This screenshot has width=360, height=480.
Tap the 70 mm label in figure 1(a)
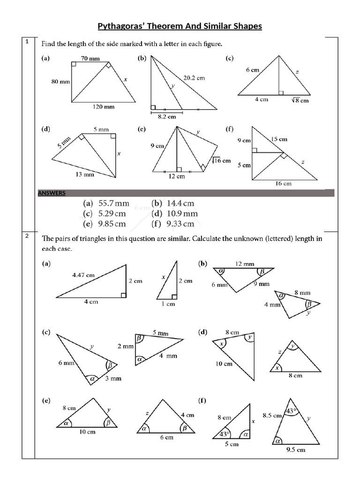coord(90,59)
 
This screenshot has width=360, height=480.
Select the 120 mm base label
coord(104,107)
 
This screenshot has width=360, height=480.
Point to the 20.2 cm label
coord(194,78)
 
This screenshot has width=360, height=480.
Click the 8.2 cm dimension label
coord(166,116)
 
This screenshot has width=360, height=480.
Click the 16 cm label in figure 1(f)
coord(283,184)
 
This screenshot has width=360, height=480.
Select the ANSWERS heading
coord(52,193)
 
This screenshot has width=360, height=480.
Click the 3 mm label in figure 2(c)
coord(112,378)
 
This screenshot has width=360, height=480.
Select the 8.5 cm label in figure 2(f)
coord(272,415)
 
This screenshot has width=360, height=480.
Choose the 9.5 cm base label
coord(295,450)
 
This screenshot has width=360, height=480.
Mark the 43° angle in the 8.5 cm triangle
coord(292,411)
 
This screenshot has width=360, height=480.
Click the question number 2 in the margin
coord(27,236)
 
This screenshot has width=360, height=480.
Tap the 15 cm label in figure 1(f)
coord(279,139)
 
